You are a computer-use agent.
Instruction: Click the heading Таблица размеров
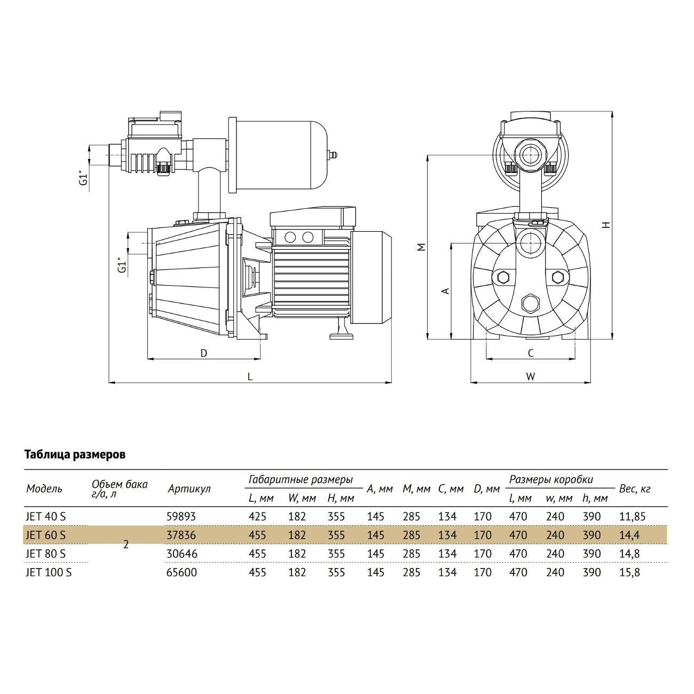click(x=75, y=455)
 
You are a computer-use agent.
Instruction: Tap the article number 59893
click(x=182, y=517)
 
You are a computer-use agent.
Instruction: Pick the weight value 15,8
click(x=629, y=572)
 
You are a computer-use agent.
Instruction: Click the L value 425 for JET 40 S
click(x=257, y=517)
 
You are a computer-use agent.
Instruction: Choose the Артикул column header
click(x=189, y=488)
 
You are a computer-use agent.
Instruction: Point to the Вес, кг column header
click(x=634, y=488)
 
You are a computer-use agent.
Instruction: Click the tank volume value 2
click(x=126, y=545)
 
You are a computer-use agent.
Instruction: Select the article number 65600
click(x=182, y=572)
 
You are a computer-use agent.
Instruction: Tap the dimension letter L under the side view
click(x=249, y=376)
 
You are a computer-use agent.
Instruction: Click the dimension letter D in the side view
click(x=203, y=353)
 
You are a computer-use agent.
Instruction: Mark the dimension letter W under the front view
click(x=530, y=376)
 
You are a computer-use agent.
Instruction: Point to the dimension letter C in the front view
click(x=531, y=353)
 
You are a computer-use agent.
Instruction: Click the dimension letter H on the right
click(x=605, y=225)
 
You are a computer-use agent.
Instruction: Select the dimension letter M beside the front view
click(x=421, y=247)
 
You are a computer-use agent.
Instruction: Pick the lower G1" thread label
click(x=123, y=266)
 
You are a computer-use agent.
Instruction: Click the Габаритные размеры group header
click(x=301, y=479)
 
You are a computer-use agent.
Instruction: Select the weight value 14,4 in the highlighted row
click(x=629, y=535)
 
